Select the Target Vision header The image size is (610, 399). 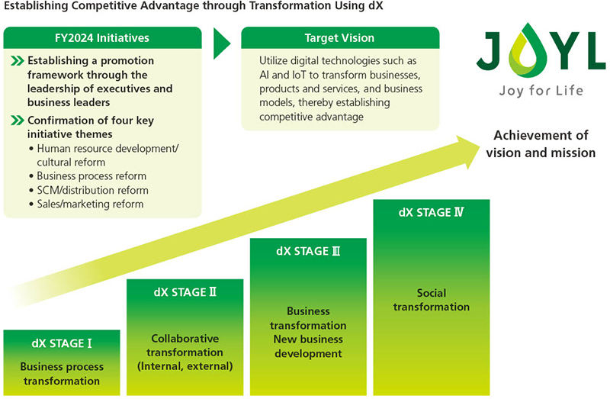340,37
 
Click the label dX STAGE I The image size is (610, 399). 62,343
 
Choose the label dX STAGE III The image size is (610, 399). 308,251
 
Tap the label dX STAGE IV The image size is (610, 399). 432,212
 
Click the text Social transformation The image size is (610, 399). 432,300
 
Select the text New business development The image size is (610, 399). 308,346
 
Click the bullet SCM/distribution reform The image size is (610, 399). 91,190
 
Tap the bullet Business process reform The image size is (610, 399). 87,176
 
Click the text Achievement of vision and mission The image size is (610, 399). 541,143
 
